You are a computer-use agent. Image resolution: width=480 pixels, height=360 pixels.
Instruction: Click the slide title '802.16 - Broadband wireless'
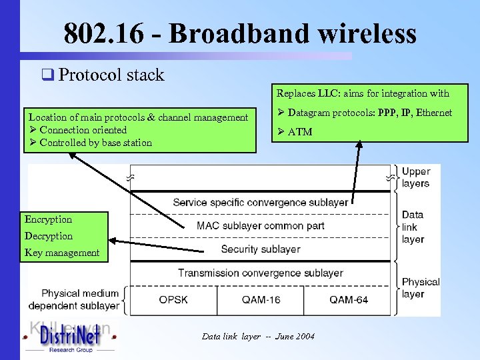coord(240,33)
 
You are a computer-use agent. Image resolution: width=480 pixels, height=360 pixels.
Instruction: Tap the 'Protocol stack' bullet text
coord(111,75)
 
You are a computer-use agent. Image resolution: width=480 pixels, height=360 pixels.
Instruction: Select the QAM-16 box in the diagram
coord(261,300)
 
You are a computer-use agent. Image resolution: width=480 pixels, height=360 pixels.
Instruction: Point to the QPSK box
coord(173,300)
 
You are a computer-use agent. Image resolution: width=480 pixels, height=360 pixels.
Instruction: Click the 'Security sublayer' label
coord(260,249)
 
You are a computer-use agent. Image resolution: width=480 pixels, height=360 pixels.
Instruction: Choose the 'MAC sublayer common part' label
coord(260,225)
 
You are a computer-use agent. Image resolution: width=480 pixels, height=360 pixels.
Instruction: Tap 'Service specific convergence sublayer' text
coord(260,202)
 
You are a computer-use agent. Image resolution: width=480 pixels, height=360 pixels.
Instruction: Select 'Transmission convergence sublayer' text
coord(260,273)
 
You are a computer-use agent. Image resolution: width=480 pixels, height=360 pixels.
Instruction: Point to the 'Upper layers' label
coord(416,177)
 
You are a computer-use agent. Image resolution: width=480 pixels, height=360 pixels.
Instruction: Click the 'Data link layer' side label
coord(413,227)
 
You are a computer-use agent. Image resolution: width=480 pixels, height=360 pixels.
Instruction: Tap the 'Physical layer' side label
coord(421,287)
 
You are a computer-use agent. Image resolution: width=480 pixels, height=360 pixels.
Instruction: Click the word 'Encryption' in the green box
coord(48,219)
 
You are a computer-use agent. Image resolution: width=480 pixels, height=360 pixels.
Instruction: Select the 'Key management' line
coord(62,253)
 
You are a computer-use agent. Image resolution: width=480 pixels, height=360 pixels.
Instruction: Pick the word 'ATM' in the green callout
coord(300,132)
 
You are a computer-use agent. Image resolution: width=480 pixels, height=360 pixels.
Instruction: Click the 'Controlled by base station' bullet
coord(95,143)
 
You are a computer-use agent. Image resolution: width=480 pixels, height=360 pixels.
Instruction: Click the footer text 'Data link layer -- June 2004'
coord(258,337)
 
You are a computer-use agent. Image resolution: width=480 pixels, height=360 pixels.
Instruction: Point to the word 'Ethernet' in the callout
coord(433,113)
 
